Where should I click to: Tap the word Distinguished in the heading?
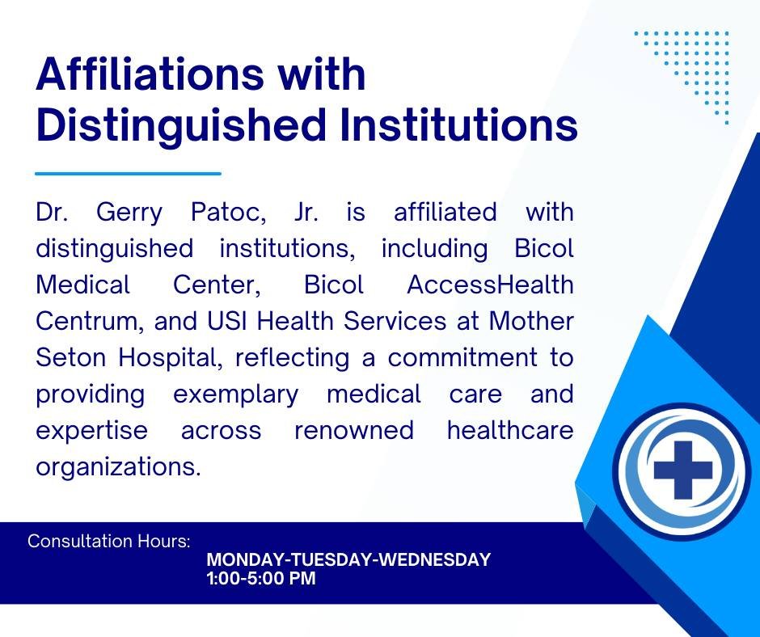180,125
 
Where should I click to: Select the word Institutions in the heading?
458,124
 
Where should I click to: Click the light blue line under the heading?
128,173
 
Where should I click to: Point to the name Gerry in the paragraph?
129,213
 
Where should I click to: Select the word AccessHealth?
490,285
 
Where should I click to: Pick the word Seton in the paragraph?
71,357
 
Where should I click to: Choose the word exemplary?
235,394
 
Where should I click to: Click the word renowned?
354,431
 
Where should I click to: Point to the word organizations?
118,467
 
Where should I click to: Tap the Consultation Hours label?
109,541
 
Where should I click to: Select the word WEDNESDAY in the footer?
434,559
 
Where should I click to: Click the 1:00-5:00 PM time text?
261,578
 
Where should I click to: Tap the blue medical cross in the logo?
683,470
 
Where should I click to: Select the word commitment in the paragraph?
462,357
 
